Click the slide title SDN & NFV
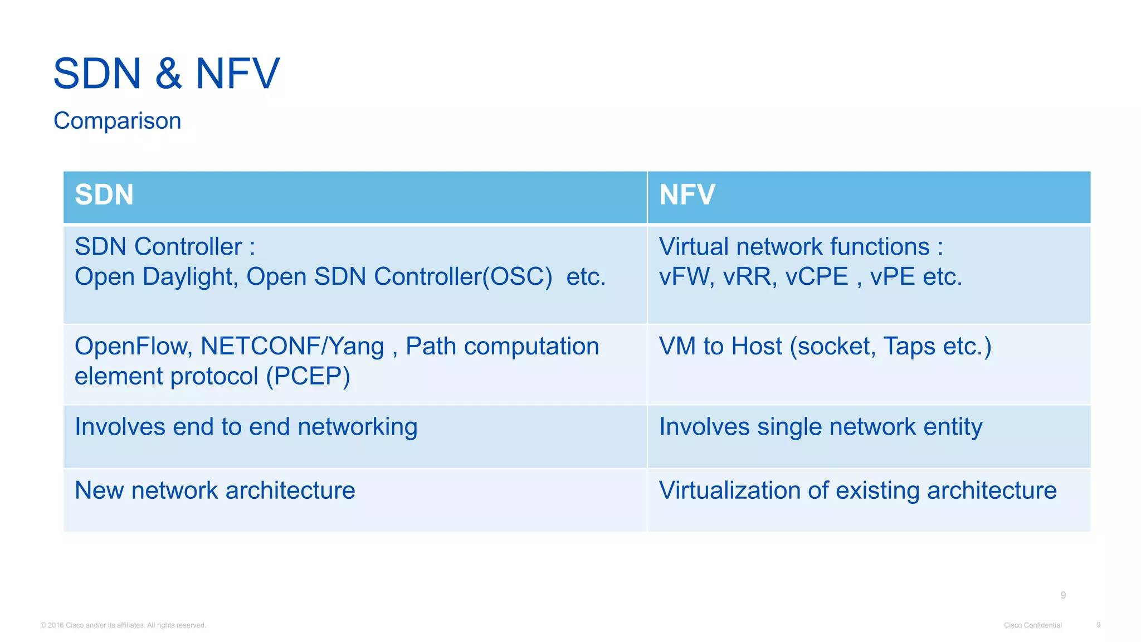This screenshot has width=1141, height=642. click(166, 74)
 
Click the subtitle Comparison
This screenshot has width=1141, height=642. click(117, 121)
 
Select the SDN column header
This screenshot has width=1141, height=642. click(104, 195)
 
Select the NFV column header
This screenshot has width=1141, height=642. click(687, 195)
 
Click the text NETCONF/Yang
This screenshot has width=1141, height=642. click(292, 347)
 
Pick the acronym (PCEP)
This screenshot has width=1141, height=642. click(308, 377)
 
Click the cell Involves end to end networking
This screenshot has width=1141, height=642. click(246, 427)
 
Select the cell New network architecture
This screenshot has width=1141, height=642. click(214, 490)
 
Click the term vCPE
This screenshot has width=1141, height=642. click(816, 277)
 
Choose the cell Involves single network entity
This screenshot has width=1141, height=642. click(820, 427)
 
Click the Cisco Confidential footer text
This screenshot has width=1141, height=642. click(1032, 625)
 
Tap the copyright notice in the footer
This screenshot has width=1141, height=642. click(123, 625)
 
